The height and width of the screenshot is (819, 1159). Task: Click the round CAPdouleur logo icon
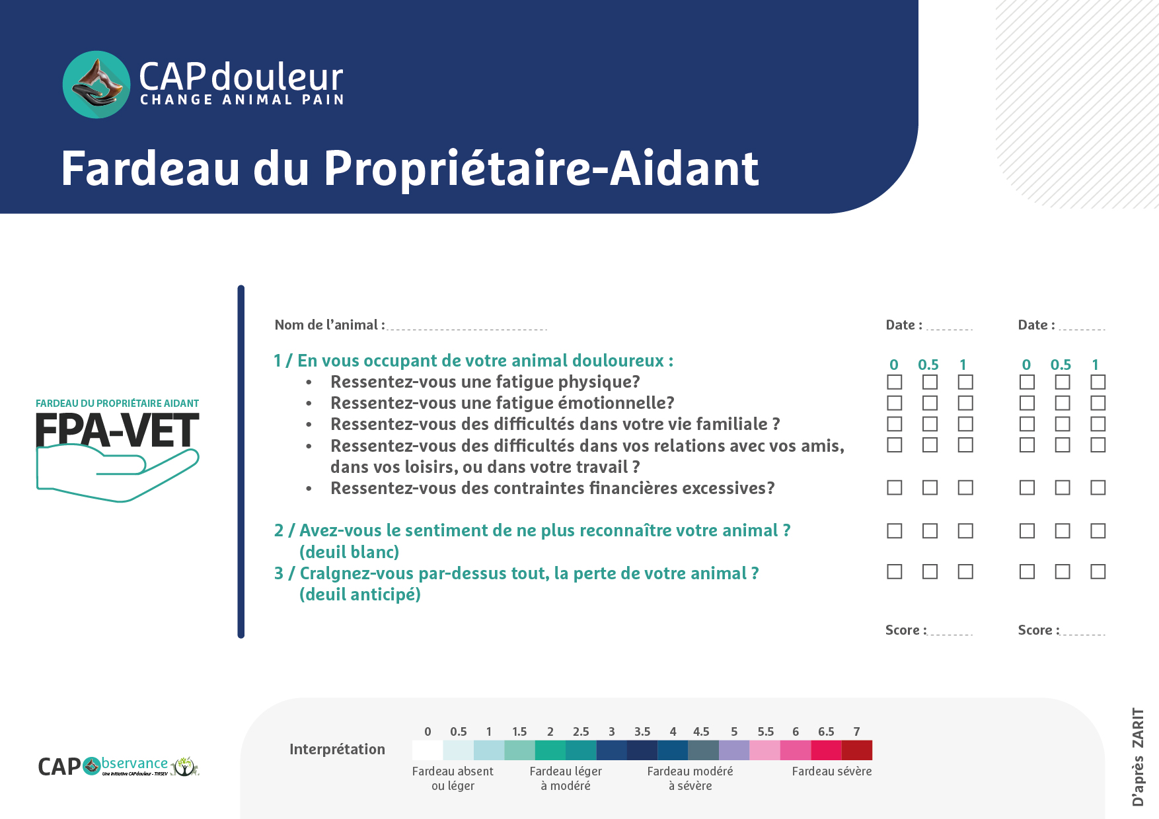pos(96,85)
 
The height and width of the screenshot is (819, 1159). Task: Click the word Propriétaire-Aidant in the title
pos(541,169)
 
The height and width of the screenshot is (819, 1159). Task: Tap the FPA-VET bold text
pos(118,431)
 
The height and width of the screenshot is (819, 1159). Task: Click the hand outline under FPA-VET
pos(118,474)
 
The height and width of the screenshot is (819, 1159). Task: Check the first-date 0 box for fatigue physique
pos(895,382)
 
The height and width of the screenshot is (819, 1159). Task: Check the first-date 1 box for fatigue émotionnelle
pos(965,403)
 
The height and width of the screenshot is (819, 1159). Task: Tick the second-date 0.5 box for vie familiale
pos(1063,424)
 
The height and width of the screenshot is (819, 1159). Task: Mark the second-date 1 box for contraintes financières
pos(1098,487)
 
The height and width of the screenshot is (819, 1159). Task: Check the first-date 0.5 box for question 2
pos(930,530)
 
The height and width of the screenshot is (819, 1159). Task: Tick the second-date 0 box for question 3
pos(1027,571)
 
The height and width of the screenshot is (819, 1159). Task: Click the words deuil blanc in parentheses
pos(350,552)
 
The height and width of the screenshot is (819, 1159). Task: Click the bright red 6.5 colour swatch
pos(826,750)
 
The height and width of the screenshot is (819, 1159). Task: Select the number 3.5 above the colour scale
pos(642,731)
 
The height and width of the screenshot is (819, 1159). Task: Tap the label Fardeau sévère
pos(832,771)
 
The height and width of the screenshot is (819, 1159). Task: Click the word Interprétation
pos(337,749)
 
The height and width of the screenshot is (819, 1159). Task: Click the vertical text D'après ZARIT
pos(1138,757)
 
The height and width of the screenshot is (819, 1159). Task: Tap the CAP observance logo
pos(118,766)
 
